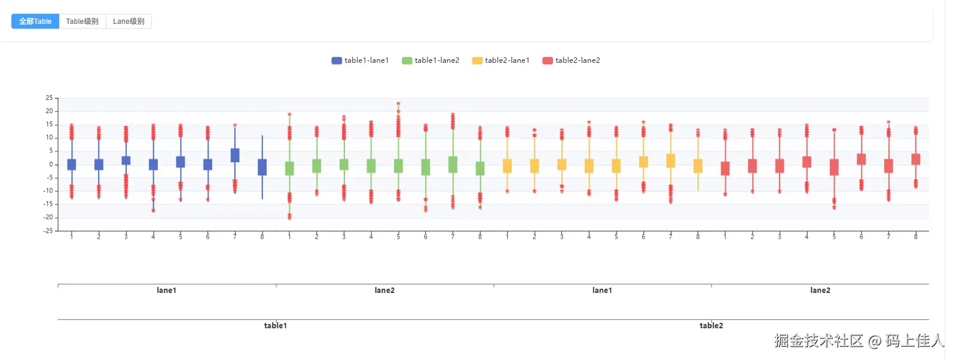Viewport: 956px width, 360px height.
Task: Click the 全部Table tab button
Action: [35, 22]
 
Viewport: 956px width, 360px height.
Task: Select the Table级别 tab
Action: [83, 22]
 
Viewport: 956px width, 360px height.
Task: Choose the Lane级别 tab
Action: [129, 22]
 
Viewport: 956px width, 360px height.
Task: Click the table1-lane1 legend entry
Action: [361, 60]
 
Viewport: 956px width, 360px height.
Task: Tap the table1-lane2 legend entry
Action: [430, 60]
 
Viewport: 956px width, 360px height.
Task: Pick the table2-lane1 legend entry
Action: [501, 60]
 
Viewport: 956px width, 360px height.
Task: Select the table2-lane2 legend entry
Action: [571, 60]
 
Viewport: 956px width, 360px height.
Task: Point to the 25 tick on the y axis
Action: [49, 98]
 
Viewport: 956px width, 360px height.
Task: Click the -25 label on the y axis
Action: [48, 231]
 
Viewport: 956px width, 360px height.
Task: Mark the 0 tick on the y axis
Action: [51, 164]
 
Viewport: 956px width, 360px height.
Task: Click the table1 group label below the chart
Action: [276, 326]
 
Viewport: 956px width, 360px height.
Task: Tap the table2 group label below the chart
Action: [711, 326]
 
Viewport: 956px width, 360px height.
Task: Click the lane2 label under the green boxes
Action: [384, 291]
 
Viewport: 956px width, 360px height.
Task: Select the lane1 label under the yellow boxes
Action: [602, 291]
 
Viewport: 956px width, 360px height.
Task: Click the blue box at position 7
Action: [235, 155]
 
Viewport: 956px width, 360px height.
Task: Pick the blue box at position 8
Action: [262, 167]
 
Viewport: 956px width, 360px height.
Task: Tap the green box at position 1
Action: [289, 169]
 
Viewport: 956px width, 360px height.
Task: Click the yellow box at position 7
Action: [671, 160]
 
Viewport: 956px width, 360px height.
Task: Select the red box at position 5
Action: [834, 167]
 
